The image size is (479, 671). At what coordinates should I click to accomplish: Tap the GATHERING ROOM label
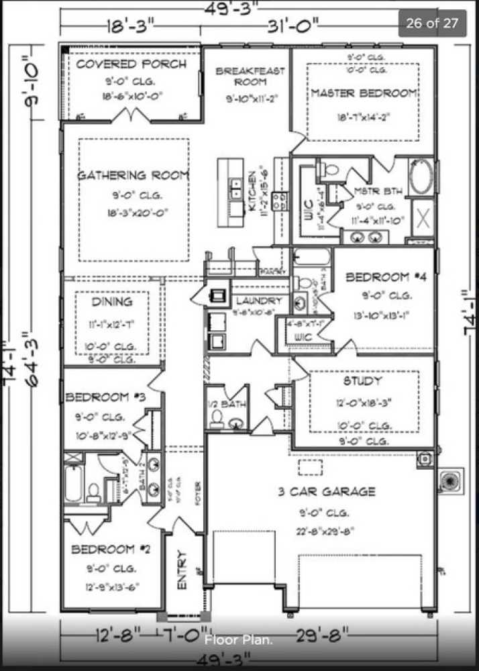(x=133, y=175)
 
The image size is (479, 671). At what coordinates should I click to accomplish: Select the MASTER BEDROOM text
(x=364, y=93)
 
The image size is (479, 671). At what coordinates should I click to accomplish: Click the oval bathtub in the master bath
(x=421, y=176)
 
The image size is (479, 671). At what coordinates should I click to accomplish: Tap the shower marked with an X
(x=423, y=217)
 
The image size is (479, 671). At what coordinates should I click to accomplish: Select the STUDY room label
(x=362, y=380)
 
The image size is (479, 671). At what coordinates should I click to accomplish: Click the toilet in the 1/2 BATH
(x=217, y=417)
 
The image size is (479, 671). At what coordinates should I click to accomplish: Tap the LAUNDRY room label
(x=258, y=301)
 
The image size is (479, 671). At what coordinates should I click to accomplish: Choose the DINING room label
(x=111, y=302)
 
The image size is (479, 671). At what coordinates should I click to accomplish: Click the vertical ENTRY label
(x=182, y=570)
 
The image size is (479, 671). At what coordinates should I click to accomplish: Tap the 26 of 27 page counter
(x=432, y=23)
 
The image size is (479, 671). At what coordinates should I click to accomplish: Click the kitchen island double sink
(x=236, y=189)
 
